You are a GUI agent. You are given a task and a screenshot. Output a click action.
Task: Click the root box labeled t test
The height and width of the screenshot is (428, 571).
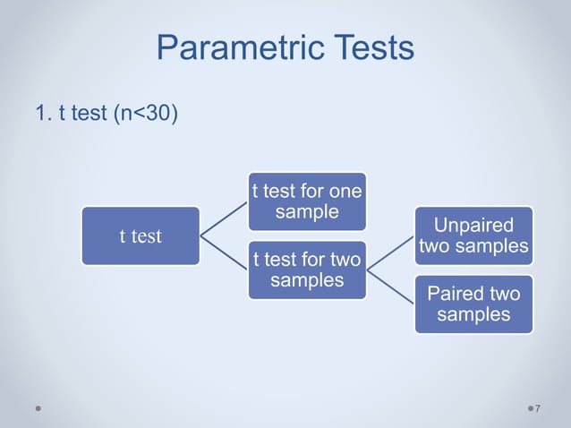click(141, 236)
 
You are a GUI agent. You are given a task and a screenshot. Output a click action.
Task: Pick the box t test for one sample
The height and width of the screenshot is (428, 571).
click(307, 201)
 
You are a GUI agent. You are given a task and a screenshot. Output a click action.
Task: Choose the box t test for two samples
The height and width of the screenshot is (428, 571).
click(307, 270)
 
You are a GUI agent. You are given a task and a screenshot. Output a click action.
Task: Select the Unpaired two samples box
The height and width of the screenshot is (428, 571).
click(473, 235)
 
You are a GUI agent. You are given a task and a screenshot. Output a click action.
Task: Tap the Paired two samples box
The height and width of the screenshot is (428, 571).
click(473, 304)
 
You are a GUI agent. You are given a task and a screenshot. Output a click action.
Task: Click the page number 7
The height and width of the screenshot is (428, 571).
click(538, 409)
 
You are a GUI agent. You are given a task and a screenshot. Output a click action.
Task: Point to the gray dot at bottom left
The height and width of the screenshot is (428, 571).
click(38, 408)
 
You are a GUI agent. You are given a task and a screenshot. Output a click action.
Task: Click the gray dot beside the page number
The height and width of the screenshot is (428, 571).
click(527, 408)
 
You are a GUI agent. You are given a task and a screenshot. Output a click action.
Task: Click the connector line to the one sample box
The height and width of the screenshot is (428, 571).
click(224, 218)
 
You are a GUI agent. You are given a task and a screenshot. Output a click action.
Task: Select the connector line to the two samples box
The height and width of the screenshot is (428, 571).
click(224, 253)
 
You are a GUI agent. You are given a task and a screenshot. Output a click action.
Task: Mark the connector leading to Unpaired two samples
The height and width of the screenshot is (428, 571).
click(390, 253)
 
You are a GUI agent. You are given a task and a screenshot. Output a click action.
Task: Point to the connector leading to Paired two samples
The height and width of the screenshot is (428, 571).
click(390, 287)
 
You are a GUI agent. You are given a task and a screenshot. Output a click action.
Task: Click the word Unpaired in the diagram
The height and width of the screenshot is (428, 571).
click(473, 225)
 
